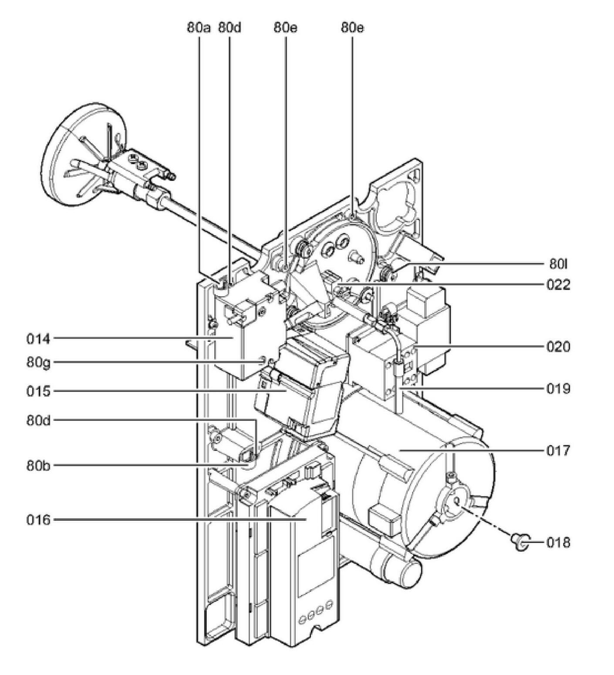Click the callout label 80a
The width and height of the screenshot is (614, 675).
(x=199, y=28)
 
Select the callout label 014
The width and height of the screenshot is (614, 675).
(x=38, y=338)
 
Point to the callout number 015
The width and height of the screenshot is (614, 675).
(x=38, y=391)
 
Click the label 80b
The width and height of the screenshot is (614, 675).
(x=38, y=466)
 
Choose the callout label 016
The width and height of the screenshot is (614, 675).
(x=38, y=520)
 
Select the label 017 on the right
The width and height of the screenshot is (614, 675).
(x=558, y=450)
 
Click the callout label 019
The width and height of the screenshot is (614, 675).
(x=558, y=388)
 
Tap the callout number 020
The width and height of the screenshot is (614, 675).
(x=558, y=347)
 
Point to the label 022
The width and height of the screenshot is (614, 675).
(x=558, y=285)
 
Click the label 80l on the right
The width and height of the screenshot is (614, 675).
(x=558, y=264)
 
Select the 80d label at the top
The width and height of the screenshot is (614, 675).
(x=229, y=28)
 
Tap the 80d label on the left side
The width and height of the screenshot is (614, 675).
(x=38, y=421)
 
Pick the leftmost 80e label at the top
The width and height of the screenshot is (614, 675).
(x=286, y=28)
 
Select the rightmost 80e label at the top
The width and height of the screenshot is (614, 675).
(x=352, y=28)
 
